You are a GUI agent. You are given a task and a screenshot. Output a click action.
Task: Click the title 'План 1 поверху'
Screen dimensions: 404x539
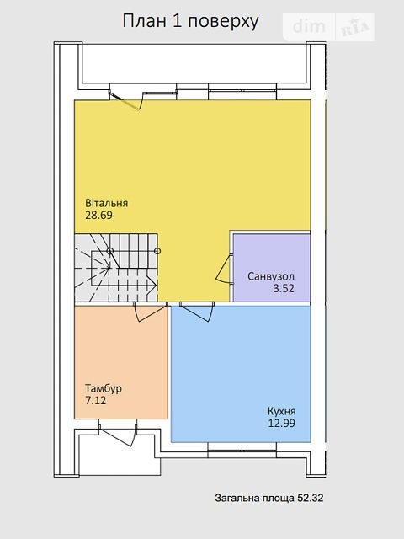(x=191, y=21)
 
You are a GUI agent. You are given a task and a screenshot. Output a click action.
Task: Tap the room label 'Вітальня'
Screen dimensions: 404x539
(x=107, y=203)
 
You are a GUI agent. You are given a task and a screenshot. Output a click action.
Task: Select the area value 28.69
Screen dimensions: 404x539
(x=99, y=216)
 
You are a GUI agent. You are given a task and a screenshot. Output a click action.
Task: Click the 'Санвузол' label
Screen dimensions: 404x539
(x=271, y=276)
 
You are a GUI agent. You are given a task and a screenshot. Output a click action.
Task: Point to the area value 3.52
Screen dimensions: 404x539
(x=284, y=288)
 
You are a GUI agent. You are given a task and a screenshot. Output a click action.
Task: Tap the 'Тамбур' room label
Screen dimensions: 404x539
(x=104, y=389)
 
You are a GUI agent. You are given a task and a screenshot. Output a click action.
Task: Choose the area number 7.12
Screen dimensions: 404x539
(x=96, y=401)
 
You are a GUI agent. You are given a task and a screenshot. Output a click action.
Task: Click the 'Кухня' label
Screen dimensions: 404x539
(x=282, y=412)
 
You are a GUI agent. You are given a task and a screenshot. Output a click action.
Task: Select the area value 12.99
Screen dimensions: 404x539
(x=282, y=423)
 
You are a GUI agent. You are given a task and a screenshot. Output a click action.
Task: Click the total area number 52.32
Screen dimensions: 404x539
(x=311, y=498)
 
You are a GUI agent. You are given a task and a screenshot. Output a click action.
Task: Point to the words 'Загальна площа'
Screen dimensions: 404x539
(x=254, y=498)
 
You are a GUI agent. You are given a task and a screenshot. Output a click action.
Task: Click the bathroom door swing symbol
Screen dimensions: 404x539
(x=225, y=269)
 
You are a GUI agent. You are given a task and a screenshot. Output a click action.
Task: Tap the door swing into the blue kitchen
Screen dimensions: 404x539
(x=196, y=312)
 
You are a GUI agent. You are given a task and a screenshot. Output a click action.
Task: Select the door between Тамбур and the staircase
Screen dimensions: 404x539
(x=151, y=312)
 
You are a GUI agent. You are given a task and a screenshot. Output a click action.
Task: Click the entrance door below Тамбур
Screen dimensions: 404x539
(x=118, y=435)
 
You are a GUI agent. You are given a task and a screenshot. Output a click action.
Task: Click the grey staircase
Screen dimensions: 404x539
(x=116, y=268)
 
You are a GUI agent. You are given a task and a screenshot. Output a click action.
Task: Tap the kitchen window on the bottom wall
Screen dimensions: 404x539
(x=242, y=450)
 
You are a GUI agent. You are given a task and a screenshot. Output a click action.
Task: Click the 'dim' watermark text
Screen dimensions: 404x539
(x=309, y=26)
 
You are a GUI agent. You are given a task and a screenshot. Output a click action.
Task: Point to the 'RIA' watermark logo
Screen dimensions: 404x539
(x=355, y=28)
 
